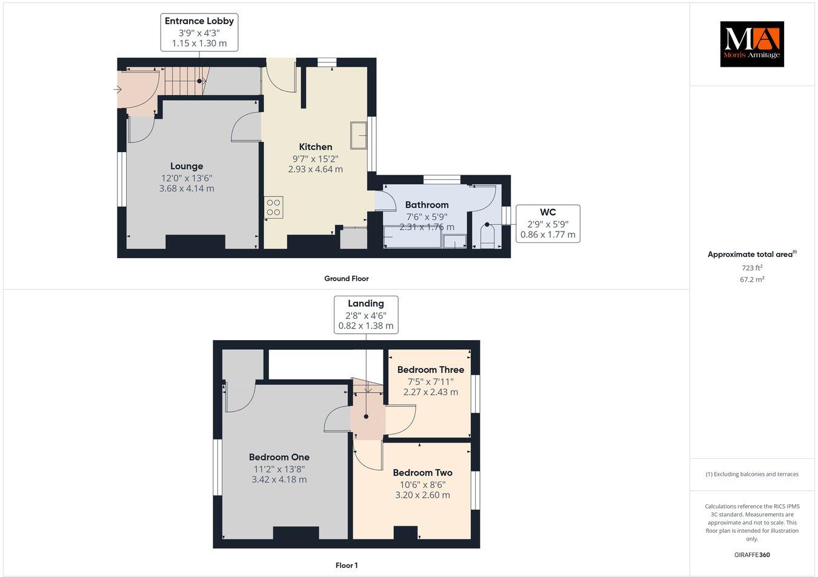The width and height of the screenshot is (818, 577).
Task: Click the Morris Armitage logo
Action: pyautogui.click(x=751, y=44)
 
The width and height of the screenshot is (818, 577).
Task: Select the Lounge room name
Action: pyautogui.click(x=187, y=166)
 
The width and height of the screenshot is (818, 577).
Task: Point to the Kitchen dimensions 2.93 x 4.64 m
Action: pyautogui.click(x=315, y=169)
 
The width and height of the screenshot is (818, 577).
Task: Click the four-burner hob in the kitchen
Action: pyautogui.click(x=273, y=207)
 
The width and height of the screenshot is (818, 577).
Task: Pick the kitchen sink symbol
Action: pyautogui.click(x=358, y=135)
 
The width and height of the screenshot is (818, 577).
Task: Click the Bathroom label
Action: pyautogui.click(x=427, y=205)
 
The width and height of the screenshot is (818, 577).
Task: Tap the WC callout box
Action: pyautogui.click(x=548, y=223)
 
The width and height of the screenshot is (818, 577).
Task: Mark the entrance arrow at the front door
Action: pyautogui.click(x=116, y=90)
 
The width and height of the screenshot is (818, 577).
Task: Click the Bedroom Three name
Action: pyautogui.click(x=430, y=370)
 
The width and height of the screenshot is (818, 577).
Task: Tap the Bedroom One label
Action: pyautogui.click(x=279, y=457)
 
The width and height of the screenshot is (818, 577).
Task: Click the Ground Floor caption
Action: pyautogui.click(x=346, y=279)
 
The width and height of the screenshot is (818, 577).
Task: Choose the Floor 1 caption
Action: pyautogui.click(x=347, y=565)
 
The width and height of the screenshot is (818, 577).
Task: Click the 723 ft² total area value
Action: pyautogui.click(x=752, y=267)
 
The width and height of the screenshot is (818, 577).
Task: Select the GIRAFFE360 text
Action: pyautogui.click(x=751, y=554)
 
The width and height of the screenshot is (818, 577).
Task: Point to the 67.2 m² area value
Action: pyautogui.click(x=753, y=279)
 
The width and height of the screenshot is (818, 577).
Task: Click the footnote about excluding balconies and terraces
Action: pyautogui.click(x=751, y=474)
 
